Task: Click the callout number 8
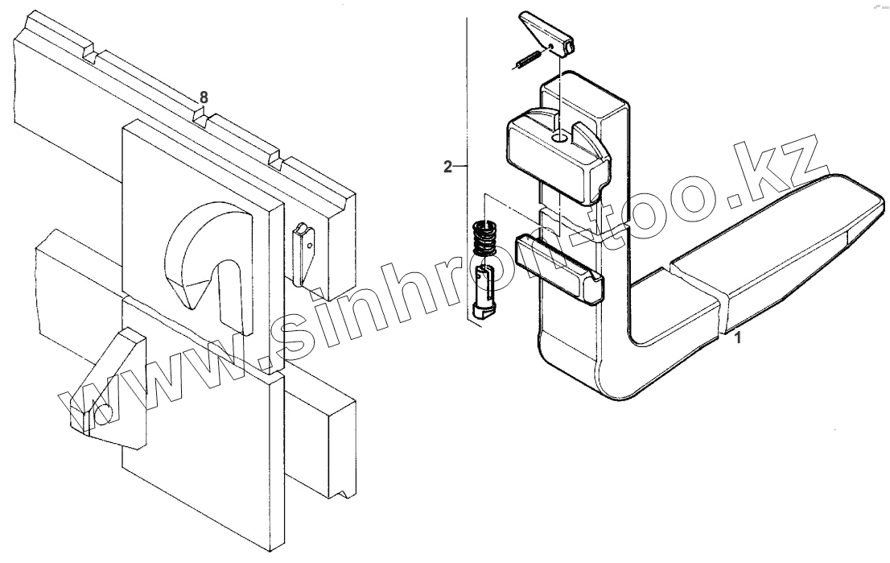(204, 97)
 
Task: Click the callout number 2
(447, 168)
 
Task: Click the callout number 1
(739, 339)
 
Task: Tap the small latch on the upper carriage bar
(303, 250)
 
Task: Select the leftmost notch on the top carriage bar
(89, 56)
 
